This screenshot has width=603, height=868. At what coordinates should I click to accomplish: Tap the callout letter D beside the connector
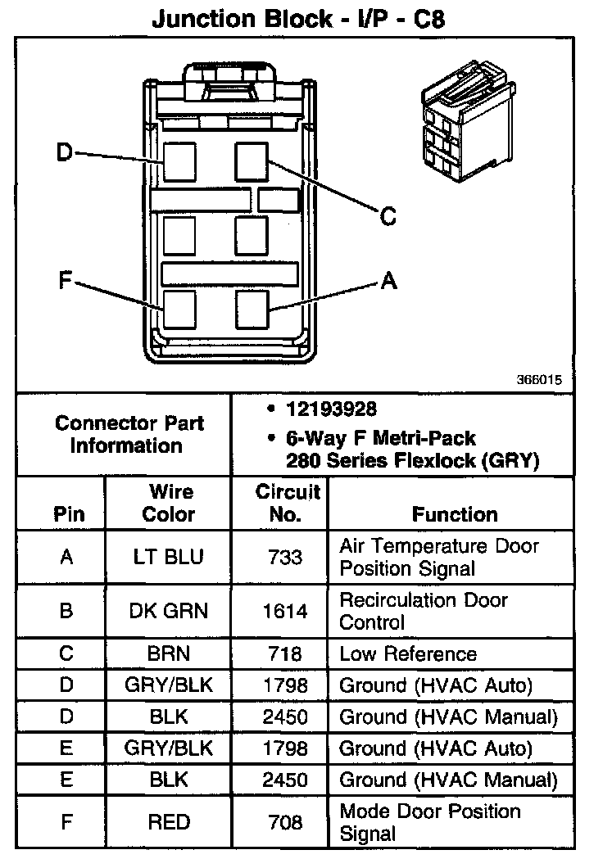[65, 152]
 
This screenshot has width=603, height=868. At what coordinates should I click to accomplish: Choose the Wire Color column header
[170, 503]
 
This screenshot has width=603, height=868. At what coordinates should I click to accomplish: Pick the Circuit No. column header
[287, 503]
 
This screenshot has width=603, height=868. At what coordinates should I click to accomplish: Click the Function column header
[454, 514]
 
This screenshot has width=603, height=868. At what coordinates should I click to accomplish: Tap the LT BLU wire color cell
[168, 557]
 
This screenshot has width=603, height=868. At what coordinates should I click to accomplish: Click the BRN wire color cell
[169, 653]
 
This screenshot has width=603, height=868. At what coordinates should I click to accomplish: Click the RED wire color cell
[169, 822]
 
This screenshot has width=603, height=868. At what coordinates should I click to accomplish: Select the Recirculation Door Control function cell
[423, 611]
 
